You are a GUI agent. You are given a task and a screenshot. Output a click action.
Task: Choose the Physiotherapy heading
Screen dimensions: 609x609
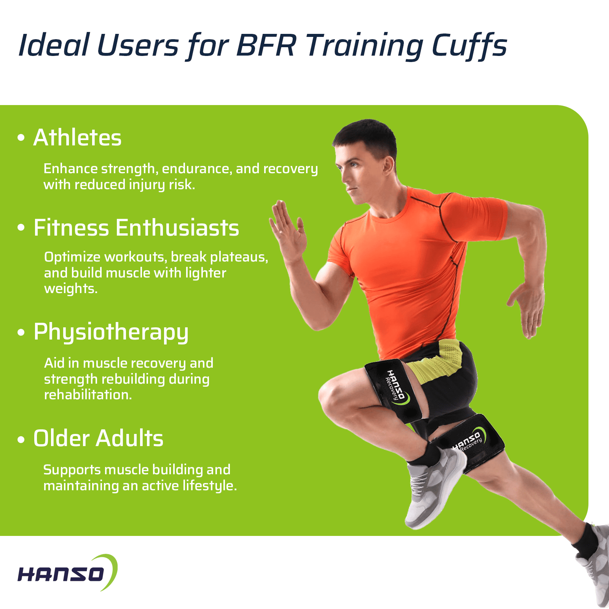(111, 332)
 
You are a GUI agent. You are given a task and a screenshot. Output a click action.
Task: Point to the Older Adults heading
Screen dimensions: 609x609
(98, 438)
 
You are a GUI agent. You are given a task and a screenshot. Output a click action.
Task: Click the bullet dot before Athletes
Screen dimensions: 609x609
(21, 138)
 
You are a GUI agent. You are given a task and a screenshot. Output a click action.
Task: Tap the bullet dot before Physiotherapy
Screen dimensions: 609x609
(21, 332)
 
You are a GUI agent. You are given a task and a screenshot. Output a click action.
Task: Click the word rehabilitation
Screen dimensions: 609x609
(88, 395)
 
